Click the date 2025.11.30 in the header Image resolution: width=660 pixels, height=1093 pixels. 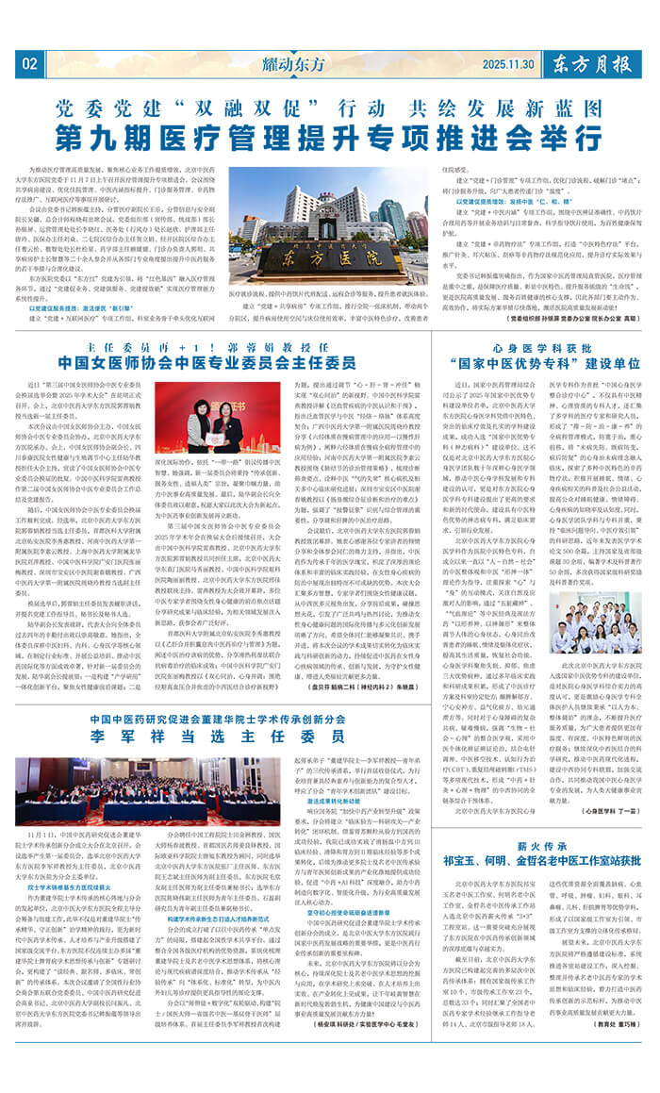(x=508, y=64)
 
